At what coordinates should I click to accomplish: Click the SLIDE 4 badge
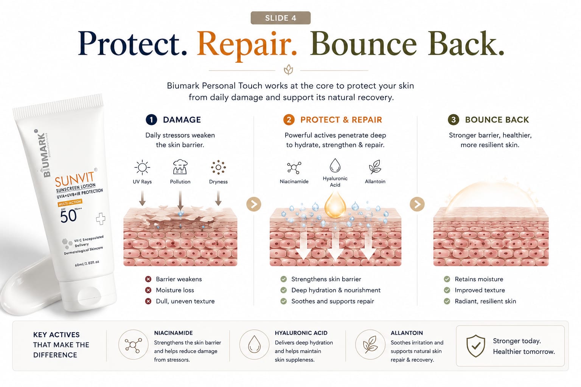click(280, 18)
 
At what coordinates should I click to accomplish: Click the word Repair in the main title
click(247, 45)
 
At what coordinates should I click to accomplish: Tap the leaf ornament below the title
click(288, 70)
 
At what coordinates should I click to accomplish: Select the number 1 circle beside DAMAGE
click(151, 120)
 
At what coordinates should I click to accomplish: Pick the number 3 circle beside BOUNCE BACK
click(454, 120)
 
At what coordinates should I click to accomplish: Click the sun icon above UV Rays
click(142, 167)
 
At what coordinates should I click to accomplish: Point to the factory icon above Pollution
click(180, 167)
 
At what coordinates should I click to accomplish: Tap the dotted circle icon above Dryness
click(218, 167)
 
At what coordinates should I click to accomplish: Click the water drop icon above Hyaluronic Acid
click(335, 166)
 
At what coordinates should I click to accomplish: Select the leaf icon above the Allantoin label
click(375, 167)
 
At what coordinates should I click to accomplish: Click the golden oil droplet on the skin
click(335, 205)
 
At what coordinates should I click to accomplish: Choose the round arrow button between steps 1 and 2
click(254, 204)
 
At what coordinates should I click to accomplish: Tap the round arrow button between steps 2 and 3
click(417, 204)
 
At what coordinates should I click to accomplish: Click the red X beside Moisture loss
click(148, 290)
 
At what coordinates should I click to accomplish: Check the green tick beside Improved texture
click(447, 290)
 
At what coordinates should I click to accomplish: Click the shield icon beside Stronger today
click(475, 346)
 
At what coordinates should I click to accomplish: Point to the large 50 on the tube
click(68, 216)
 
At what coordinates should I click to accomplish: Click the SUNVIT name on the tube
click(75, 179)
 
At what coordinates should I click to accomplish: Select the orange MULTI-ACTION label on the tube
click(70, 203)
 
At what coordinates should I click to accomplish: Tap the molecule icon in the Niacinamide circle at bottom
click(133, 345)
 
